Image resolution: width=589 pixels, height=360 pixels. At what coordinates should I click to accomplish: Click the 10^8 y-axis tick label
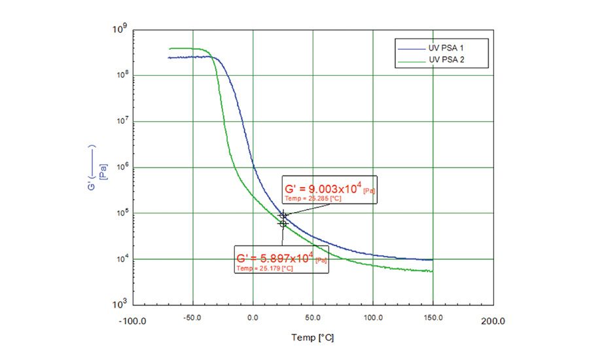[119, 76]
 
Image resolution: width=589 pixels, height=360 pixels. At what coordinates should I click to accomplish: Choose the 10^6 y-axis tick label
[119, 168]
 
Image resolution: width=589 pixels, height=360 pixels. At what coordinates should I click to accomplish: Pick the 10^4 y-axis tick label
[119, 259]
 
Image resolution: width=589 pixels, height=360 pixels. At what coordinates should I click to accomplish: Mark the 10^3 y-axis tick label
[119, 305]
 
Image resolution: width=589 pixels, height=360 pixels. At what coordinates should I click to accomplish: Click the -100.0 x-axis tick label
[134, 321]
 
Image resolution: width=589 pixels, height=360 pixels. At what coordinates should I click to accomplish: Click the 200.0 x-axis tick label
[493, 321]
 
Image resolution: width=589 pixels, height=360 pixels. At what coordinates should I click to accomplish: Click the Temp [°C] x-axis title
[313, 338]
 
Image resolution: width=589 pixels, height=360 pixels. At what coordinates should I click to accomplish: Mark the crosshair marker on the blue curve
[283, 215]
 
